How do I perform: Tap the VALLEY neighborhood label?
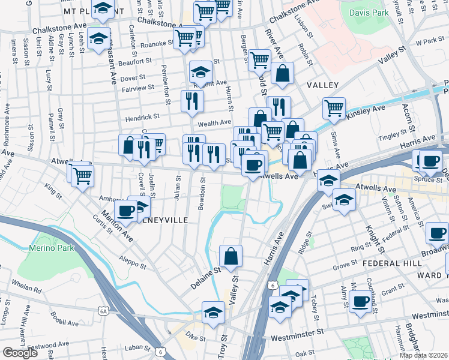[x=323, y=86]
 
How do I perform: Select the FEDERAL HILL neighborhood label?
[x=384, y=263]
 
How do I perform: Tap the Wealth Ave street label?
[x=214, y=123]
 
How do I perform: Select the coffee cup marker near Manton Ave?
[x=125, y=210]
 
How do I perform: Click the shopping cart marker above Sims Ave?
[x=334, y=109]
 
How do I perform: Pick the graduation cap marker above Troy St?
[x=213, y=312]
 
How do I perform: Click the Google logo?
[x=20, y=352]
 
